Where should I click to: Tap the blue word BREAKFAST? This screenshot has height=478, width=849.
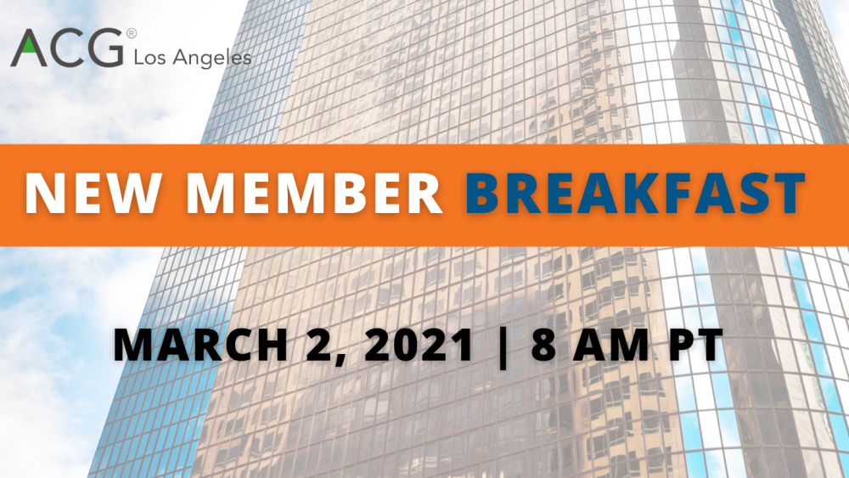[634, 194]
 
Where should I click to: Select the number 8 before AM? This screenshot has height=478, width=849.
[545, 345]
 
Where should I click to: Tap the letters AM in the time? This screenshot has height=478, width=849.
[610, 345]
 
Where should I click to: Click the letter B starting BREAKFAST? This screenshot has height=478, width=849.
[484, 194]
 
